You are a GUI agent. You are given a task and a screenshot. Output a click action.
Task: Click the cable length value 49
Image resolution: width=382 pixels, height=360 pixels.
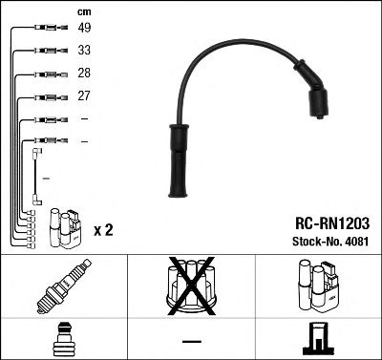(x=84, y=30)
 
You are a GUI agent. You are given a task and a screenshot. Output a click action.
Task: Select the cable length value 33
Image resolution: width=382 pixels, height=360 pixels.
(x=84, y=52)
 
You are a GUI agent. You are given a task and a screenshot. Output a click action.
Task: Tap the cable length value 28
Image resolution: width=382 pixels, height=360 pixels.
(x=84, y=74)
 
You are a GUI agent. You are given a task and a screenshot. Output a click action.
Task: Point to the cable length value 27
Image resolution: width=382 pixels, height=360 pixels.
(x=84, y=95)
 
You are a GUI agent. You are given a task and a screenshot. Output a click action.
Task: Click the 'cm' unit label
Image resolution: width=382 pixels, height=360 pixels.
(x=82, y=11)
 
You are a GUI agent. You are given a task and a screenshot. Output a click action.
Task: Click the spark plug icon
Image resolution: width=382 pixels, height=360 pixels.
(x=63, y=286)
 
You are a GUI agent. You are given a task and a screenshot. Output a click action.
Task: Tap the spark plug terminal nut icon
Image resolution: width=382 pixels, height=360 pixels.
(x=63, y=339)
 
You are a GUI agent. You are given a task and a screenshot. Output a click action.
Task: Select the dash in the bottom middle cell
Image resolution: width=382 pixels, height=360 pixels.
(x=190, y=341)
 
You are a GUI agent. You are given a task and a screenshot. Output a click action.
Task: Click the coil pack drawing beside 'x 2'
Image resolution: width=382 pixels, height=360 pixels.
(x=64, y=226)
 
